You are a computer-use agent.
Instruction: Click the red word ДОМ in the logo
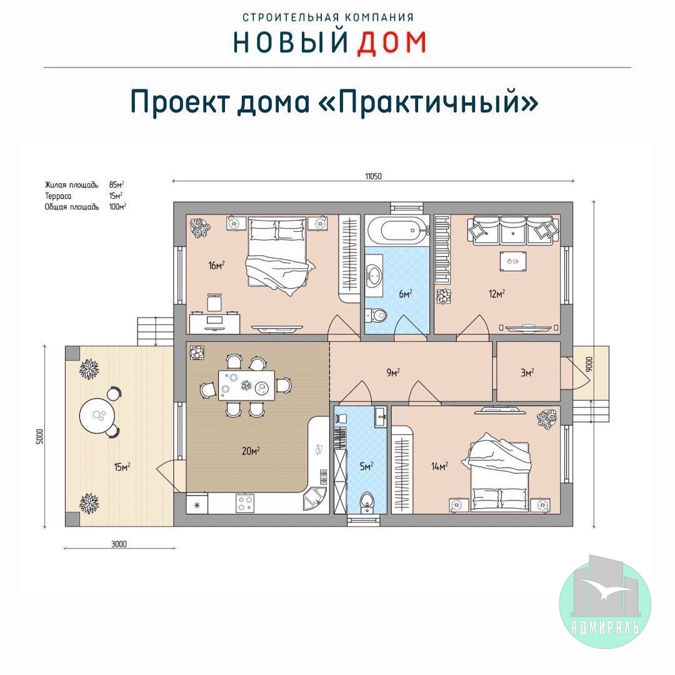(391, 42)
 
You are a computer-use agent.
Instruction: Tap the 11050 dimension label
(373, 176)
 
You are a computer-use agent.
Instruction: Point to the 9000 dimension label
(590, 364)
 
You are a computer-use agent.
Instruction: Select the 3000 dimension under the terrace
(119, 544)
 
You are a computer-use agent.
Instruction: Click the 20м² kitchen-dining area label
(251, 451)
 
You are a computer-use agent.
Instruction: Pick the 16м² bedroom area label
(216, 265)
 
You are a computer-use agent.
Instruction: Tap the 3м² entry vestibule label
(527, 372)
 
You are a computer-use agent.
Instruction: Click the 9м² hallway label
(393, 372)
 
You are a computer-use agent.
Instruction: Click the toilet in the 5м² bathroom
(367, 502)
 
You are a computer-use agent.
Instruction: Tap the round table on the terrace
(97, 416)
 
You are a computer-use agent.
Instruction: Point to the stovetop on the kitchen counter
(245, 502)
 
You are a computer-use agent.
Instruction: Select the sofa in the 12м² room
(513, 230)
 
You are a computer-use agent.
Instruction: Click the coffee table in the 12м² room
(512, 261)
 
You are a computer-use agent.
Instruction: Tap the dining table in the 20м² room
(246, 385)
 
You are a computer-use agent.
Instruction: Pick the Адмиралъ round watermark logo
(605, 602)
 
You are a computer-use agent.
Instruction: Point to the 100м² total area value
(117, 207)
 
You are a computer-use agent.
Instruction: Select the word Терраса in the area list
(58, 196)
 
